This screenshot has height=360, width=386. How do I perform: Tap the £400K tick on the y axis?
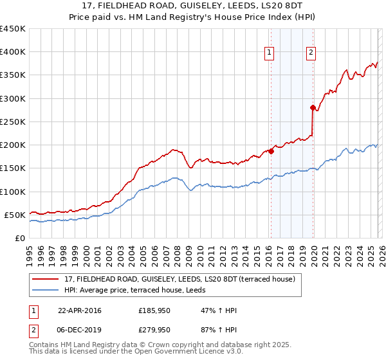coord(13,52)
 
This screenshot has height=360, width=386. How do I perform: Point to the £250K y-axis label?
coord(13,122)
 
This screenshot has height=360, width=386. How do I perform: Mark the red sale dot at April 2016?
coord(271,152)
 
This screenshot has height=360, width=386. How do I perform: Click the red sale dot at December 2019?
coord(313,107)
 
